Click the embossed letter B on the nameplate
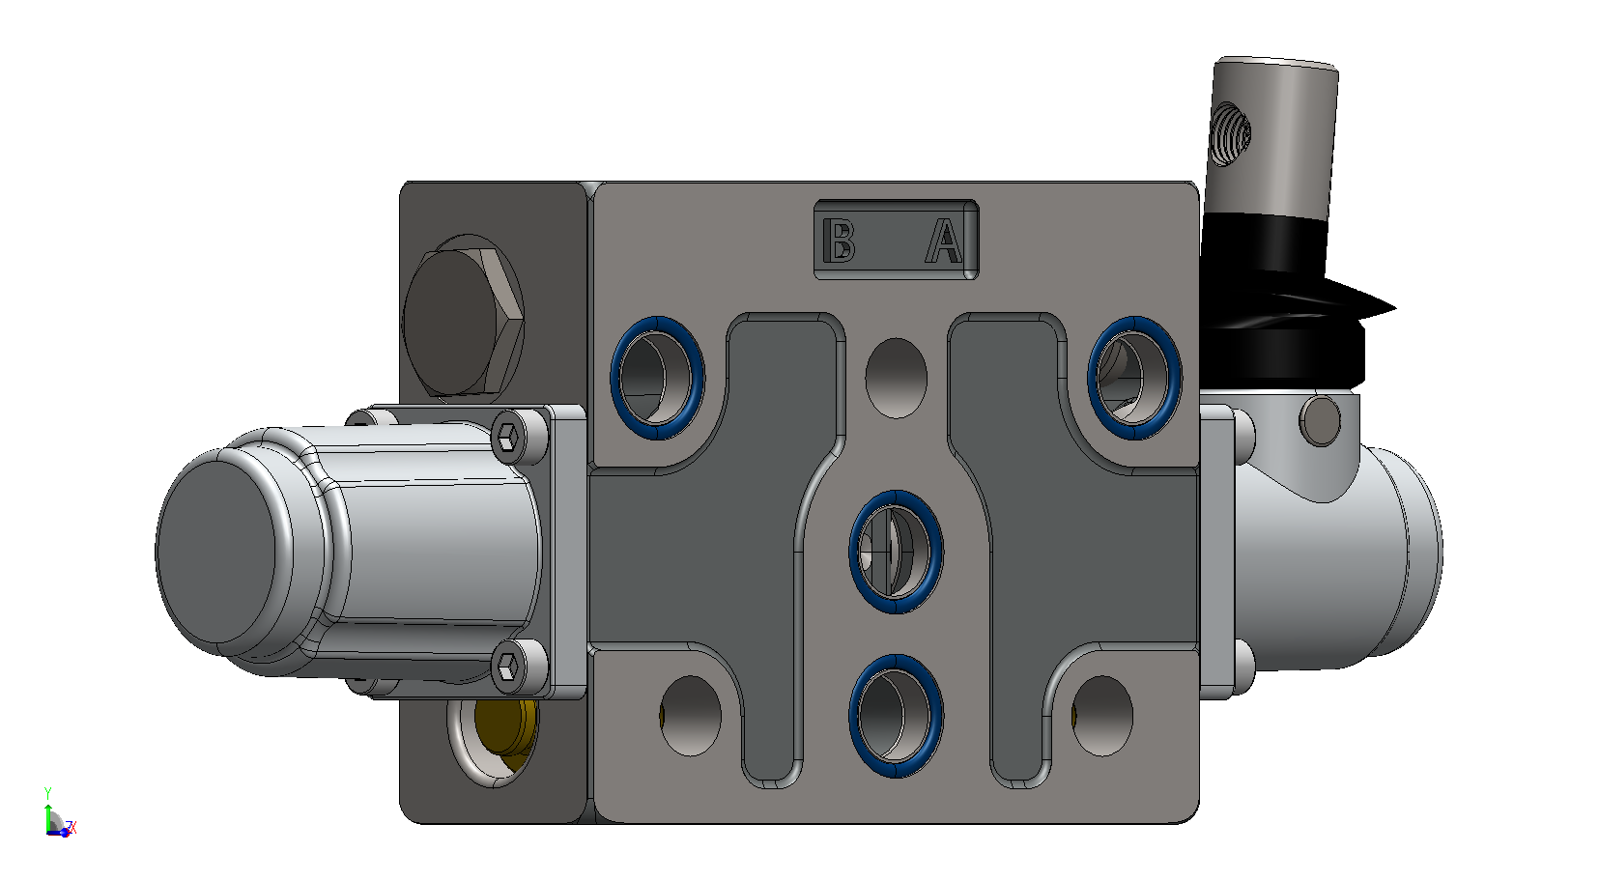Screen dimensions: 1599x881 tap(839, 240)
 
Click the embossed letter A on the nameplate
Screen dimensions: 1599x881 tap(944, 241)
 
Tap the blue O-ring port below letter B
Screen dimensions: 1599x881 tap(657, 378)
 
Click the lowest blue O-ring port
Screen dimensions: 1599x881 tap(896, 716)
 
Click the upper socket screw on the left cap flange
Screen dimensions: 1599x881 tap(508, 437)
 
